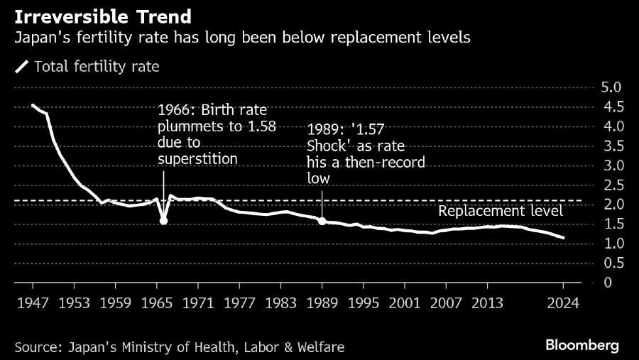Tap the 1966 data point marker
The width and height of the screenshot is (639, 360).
(164, 221)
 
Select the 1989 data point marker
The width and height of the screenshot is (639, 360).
(322, 221)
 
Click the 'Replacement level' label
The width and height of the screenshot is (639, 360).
(501, 211)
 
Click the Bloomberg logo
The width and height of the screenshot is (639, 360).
(582, 345)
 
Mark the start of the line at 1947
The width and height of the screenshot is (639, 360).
(33, 105)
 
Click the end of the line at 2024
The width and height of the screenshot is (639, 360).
(564, 238)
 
